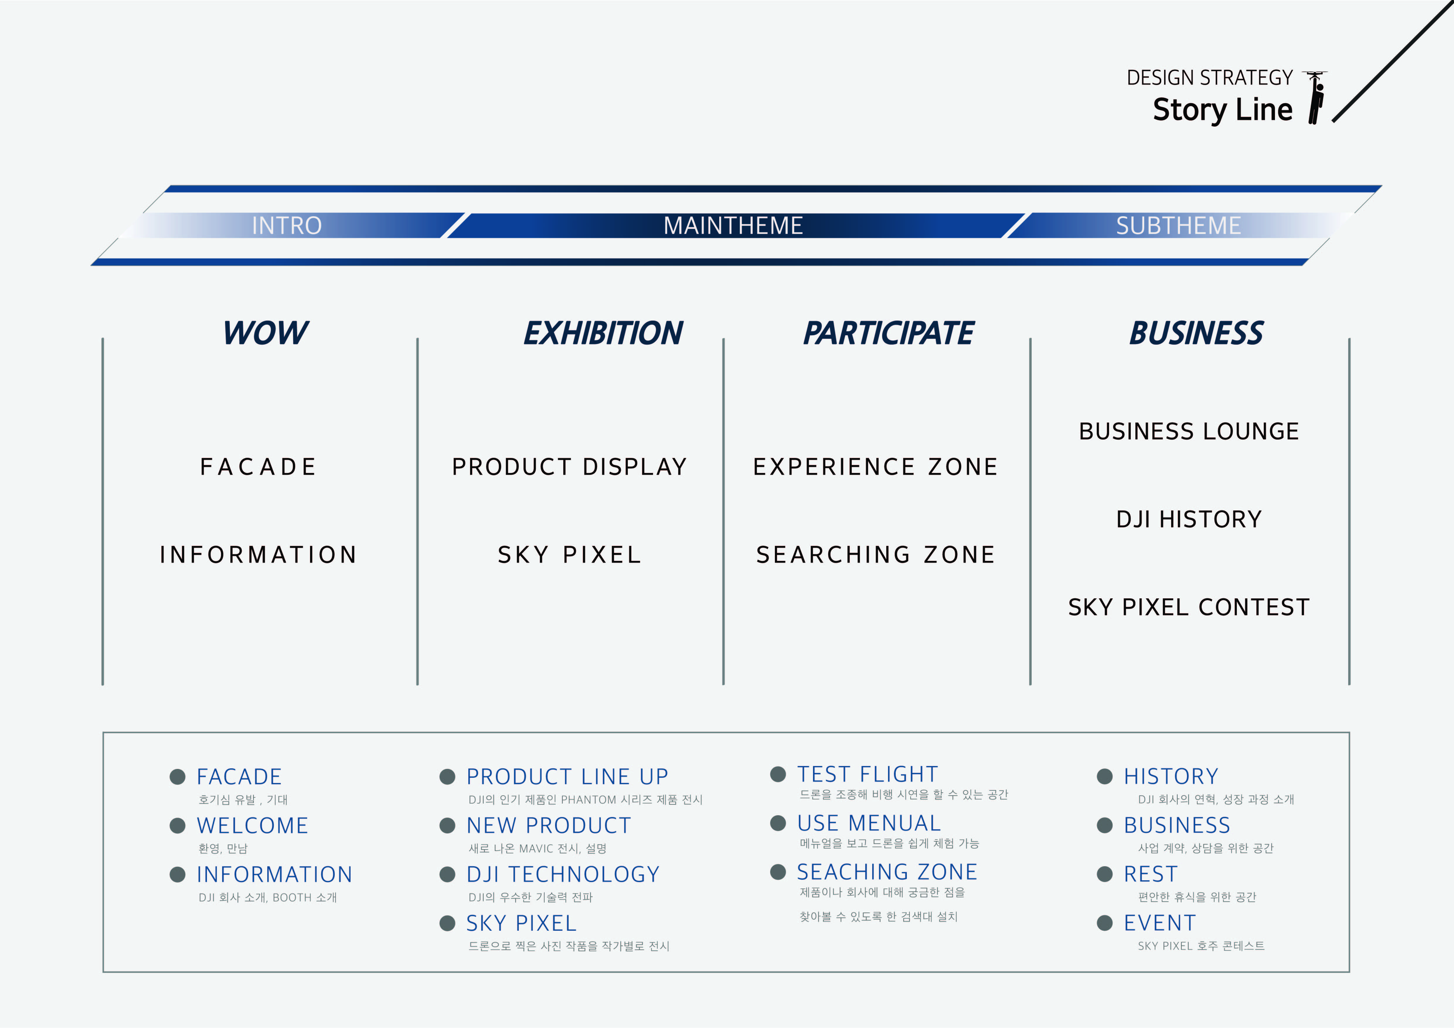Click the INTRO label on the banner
coord(287,225)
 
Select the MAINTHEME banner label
coord(733,225)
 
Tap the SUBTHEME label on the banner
coord(1178,225)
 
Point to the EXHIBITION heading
coord(603,333)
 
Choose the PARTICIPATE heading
coord(888,333)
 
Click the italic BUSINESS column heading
coord(1196,333)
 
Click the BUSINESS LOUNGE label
coord(1189,431)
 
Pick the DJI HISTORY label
coord(1189,519)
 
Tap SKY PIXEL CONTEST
coord(1189,607)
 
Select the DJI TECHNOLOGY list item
coord(562,874)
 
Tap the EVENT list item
coord(1159,923)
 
